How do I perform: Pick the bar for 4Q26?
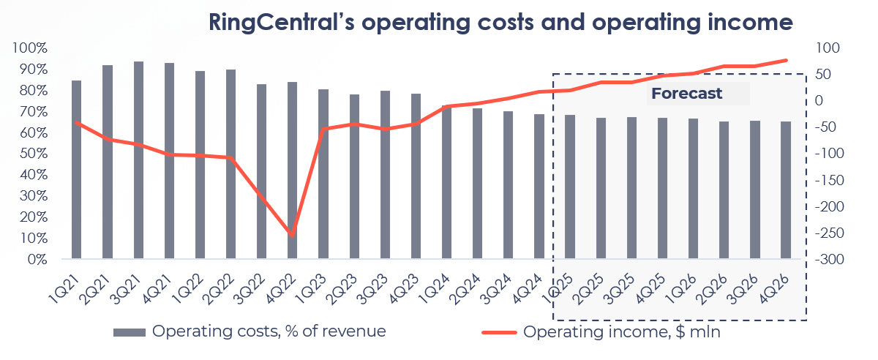click(786, 190)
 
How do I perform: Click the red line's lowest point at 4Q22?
click(293, 236)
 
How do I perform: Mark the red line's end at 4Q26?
click(787, 60)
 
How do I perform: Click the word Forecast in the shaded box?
click(686, 94)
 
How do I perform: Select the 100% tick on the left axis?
click(30, 48)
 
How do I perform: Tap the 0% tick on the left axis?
click(35, 260)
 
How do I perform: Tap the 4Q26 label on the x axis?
click(775, 280)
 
